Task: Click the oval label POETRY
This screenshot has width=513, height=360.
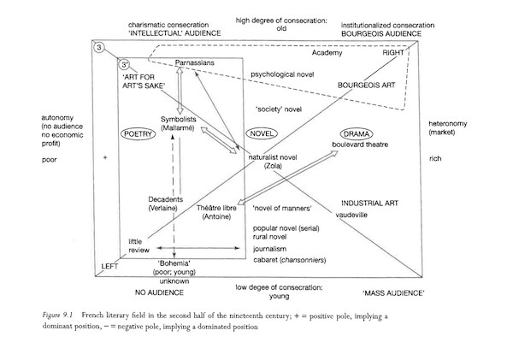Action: pos(139,134)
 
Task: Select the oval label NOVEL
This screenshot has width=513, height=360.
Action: pos(262,133)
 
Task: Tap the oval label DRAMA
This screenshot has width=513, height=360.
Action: pos(357,134)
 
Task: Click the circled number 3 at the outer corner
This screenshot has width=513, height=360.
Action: pos(99,48)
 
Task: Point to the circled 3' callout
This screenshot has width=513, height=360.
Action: pos(124,65)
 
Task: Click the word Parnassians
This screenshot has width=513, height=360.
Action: pos(194,62)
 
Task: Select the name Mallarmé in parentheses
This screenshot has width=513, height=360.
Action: pos(178,128)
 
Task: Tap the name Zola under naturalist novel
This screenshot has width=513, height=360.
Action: pos(273,166)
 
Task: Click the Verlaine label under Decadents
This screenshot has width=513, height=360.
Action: pos(163,208)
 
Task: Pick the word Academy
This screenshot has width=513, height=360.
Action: pos(327,53)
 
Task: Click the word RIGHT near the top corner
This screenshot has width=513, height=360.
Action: pos(393,53)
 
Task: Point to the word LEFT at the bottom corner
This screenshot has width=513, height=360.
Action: pos(109,267)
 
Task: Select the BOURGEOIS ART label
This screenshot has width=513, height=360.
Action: pos(367,86)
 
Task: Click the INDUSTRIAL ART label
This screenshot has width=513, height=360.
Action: pos(369,204)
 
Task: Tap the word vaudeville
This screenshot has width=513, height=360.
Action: pos(351,215)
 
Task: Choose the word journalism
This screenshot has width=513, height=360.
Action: pos(269,249)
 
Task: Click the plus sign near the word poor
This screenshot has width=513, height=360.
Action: pos(105,157)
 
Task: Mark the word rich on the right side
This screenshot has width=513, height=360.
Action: pos(435,159)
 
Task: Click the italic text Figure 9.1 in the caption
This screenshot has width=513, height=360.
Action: pos(57,316)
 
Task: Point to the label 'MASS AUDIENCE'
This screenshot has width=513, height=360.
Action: pos(393,293)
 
